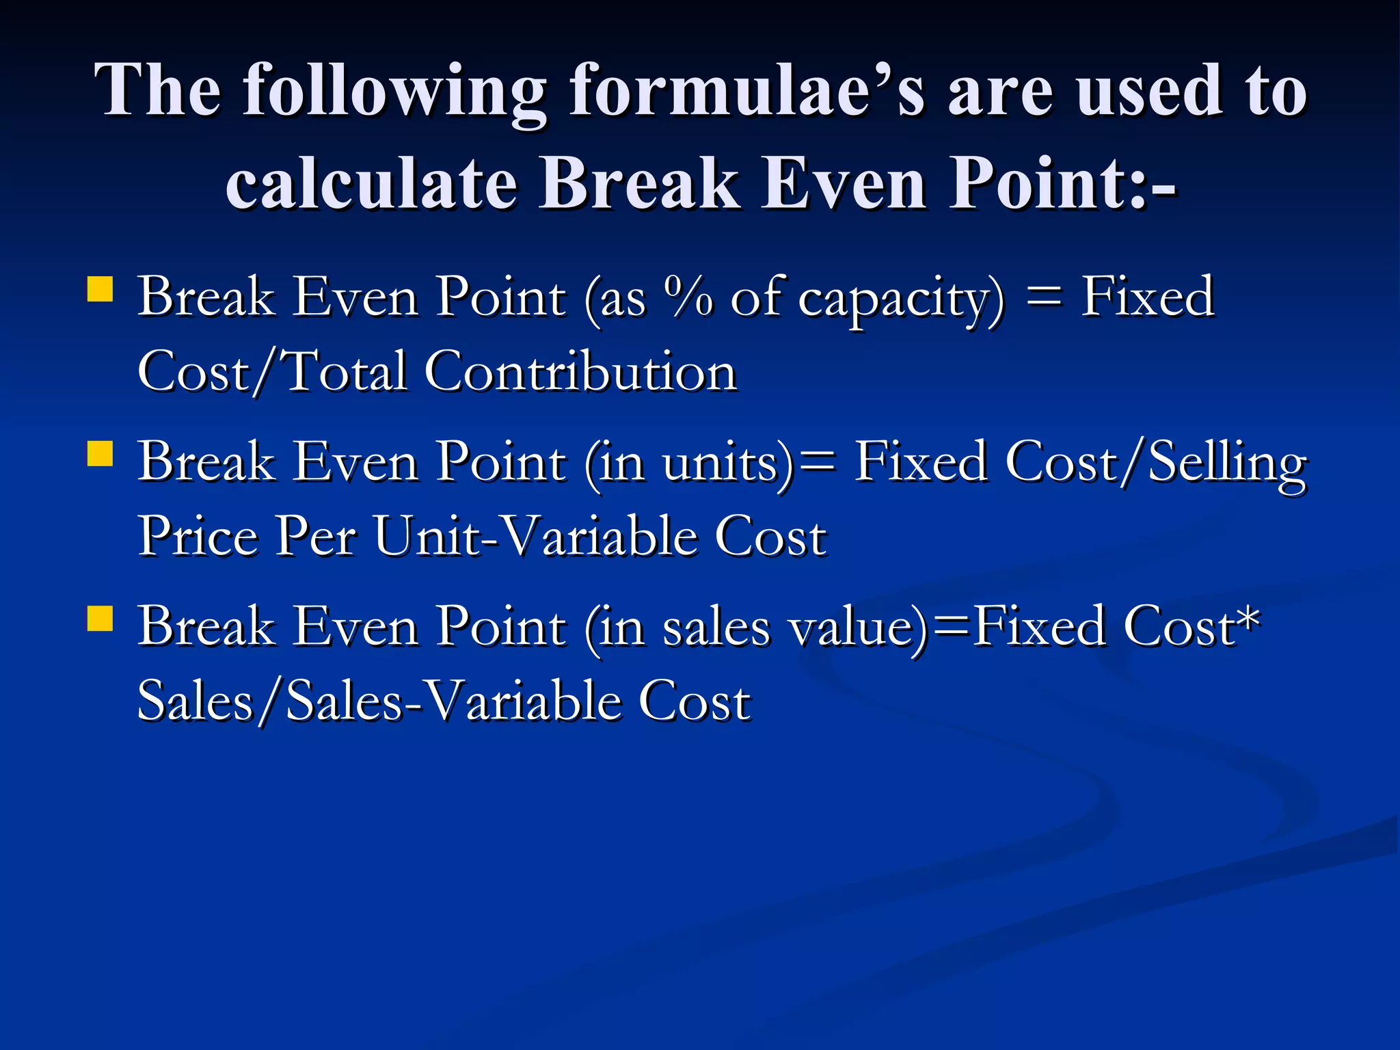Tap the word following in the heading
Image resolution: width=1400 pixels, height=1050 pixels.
[x=394, y=90]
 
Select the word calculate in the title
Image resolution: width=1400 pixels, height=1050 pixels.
[x=371, y=183]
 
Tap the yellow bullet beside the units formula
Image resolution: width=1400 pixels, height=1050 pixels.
[x=100, y=453]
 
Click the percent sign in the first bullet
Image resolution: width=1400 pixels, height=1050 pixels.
[x=688, y=297]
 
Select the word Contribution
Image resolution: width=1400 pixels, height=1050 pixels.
[x=580, y=373]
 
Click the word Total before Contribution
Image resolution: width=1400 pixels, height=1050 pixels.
[x=344, y=373]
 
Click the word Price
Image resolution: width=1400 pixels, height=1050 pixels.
[x=198, y=537]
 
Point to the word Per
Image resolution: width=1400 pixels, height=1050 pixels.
[x=315, y=537]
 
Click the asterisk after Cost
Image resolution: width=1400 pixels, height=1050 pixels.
[x=1249, y=619]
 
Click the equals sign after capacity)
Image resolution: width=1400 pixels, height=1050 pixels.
[x=1043, y=298]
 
